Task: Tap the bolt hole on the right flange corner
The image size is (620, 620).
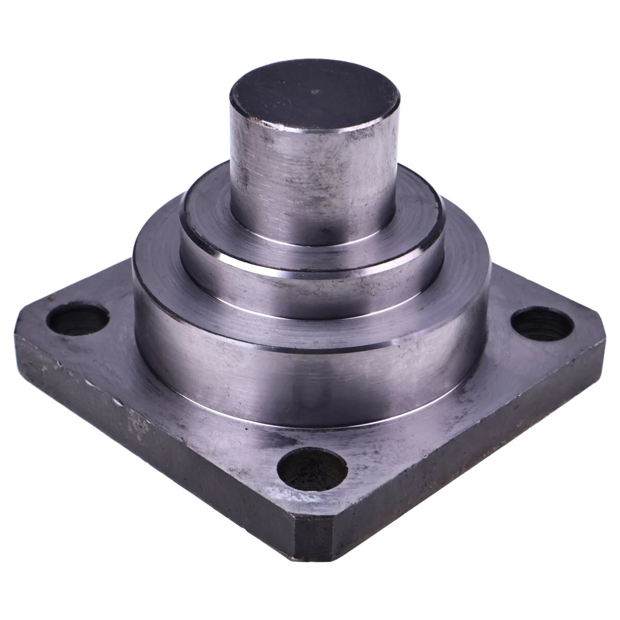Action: click(x=542, y=322)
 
